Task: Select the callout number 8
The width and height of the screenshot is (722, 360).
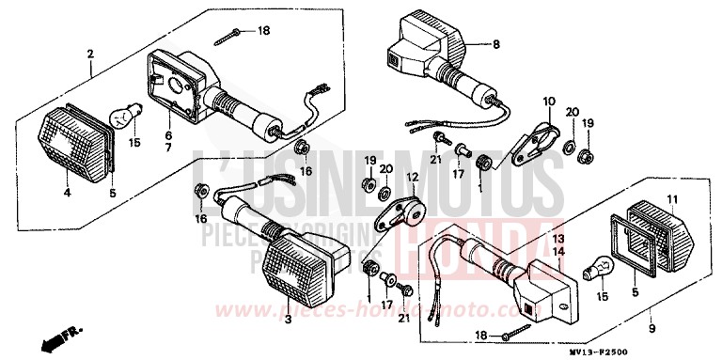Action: (x=497, y=43)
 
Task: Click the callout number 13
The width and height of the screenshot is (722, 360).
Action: (x=557, y=240)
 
